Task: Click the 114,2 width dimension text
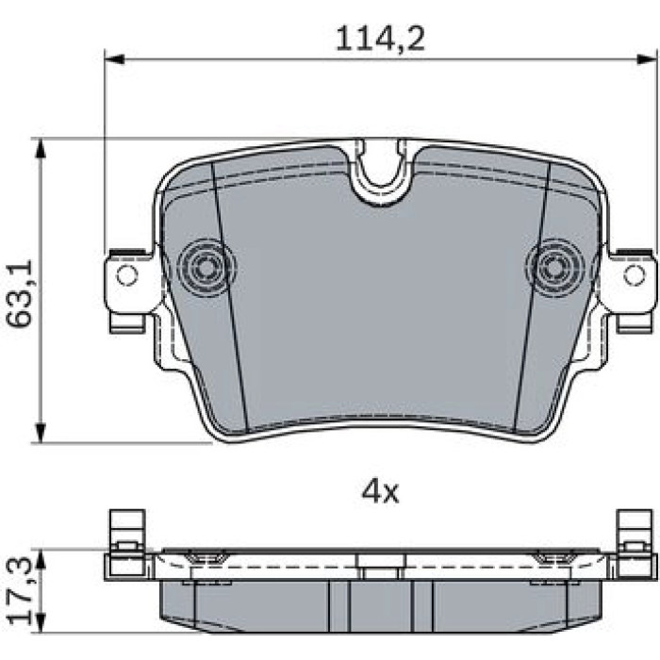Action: [380, 39]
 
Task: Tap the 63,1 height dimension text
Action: [20, 293]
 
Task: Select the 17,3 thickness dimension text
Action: [20, 590]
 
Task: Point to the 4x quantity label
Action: [380, 492]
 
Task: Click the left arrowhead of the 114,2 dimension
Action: [114, 59]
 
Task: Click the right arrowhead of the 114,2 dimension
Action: [647, 59]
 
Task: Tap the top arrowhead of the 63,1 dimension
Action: [40, 148]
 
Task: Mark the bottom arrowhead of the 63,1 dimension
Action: [40, 433]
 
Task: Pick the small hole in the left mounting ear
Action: [127, 275]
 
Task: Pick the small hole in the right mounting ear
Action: [634, 275]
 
